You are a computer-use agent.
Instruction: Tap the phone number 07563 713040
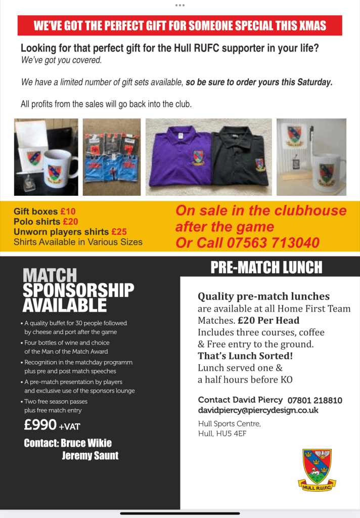(x=273, y=243)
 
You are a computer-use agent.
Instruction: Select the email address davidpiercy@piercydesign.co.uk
(x=258, y=410)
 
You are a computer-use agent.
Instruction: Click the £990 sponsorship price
(x=40, y=425)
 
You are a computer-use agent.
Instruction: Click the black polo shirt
(x=243, y=158)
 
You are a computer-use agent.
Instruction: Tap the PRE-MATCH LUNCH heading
(x=266, y=268)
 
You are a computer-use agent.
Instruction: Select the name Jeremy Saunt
(x=90, y=456)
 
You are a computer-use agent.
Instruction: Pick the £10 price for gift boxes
(x=68, y=211)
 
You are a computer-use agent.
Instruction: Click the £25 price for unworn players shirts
(x=118, y=232)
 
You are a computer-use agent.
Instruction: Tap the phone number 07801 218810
(x=314, y=400)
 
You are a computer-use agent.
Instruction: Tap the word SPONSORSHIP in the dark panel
(x=78, y=290)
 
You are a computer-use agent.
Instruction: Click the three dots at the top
(x=179, y=5)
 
